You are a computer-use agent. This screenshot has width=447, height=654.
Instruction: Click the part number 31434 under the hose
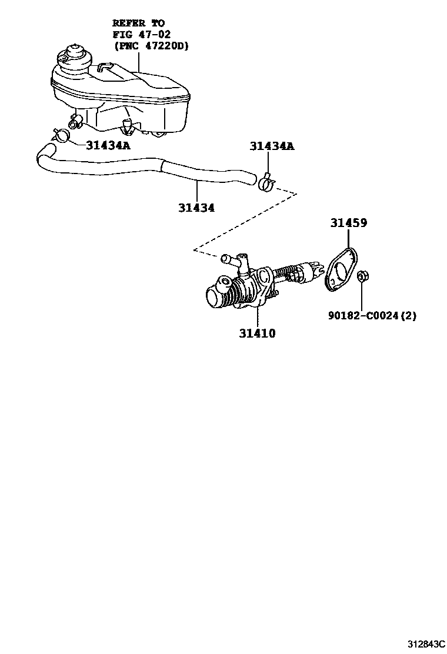pos(197,208)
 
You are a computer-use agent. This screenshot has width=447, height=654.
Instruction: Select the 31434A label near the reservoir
pos(108,145)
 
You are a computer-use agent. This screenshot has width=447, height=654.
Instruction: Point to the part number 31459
pos(348,223)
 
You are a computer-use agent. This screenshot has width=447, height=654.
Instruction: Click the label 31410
pos(258,334)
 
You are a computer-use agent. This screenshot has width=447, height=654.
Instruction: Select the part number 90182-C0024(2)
pos(372,315)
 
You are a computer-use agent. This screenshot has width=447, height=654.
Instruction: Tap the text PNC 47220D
pos(151,46)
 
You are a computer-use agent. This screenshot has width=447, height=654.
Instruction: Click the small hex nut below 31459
pos(362,275)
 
